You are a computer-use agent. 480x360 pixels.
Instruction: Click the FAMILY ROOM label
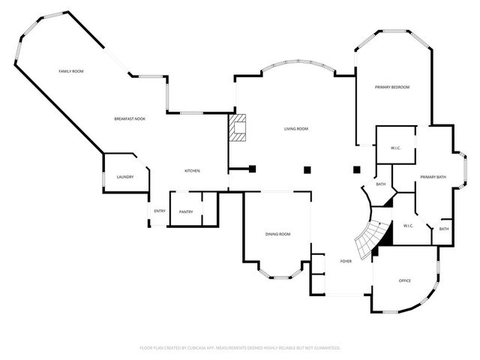[x=71, y=70]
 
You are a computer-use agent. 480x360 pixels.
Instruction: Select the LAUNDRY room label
[x=124, y=177]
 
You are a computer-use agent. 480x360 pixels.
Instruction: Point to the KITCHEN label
[x=192, y=171]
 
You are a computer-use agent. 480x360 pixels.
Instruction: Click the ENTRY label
[x=160, y=211]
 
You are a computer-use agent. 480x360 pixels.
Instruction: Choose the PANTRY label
[x=186, y=211]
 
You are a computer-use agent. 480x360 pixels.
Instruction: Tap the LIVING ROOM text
[x=295, y=129]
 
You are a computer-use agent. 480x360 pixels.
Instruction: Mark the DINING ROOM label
[x=277, y=235]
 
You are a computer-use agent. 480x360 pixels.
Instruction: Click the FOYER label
[x=346, y=261]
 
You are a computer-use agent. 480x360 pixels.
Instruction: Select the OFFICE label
[x=404, y=280]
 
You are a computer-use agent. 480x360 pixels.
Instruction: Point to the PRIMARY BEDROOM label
[x=392, y=88]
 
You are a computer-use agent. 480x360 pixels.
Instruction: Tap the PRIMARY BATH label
[x=433, y=177]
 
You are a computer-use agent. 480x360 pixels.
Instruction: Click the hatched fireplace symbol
[x=238, y=128]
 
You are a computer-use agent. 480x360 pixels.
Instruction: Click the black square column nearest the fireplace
[x=253, y=169]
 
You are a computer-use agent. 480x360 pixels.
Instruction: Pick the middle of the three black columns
[x=307, y=169]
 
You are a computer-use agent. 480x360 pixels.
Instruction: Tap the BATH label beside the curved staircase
[x=381, y=184]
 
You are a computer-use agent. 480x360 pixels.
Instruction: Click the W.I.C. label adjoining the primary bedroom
[x=395, y=148]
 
